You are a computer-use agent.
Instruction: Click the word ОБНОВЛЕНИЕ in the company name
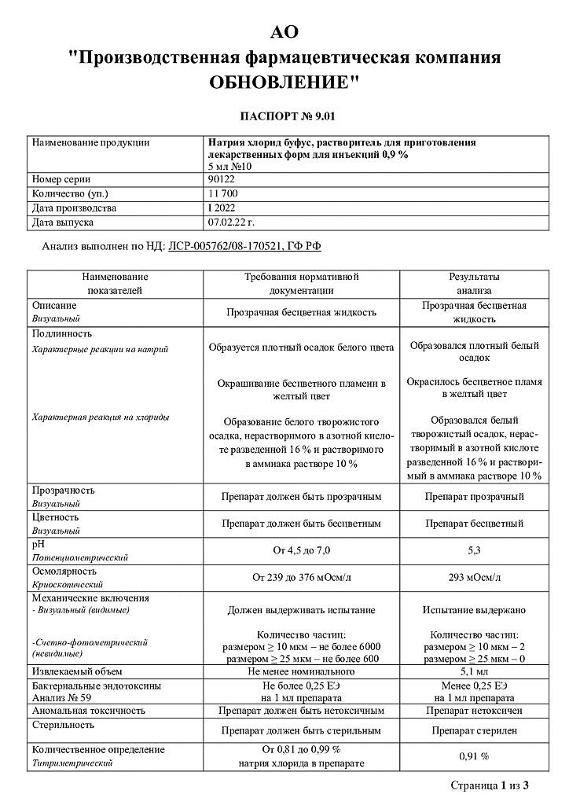pos(284,81)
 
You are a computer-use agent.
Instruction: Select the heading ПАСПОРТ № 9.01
pos(284,117)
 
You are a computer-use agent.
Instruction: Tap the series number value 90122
pos(222,180)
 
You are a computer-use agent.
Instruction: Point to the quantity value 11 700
pos(225,194)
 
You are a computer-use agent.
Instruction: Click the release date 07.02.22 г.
pos(232,222)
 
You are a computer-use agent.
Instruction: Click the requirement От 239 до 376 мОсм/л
pos(301,578)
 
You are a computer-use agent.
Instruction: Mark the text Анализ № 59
pos(62,697)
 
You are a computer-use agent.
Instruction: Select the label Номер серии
pos(62,180)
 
